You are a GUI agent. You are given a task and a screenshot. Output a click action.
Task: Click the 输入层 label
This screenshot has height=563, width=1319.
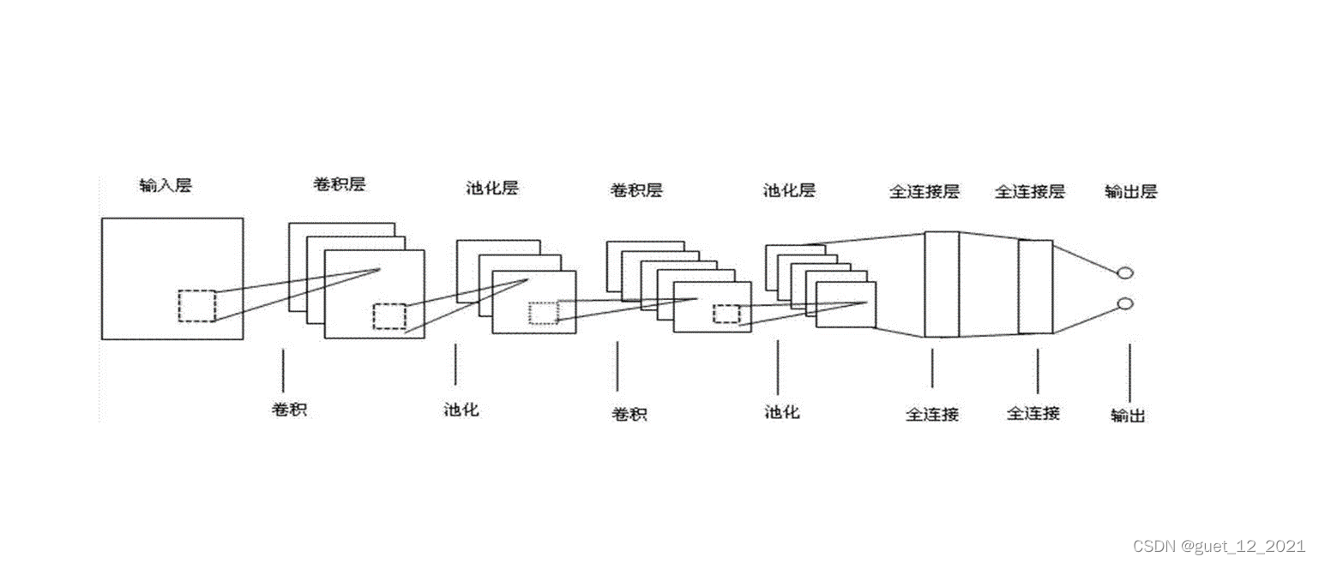click(x=166, y=185)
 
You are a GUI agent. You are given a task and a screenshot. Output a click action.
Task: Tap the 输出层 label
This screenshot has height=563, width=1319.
click(x=1130, y=192)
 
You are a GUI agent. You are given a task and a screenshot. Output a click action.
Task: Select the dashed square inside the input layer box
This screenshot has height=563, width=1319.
click(x=197, y=306)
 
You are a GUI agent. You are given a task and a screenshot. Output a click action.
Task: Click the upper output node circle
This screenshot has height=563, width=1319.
click(x=1126, y=273)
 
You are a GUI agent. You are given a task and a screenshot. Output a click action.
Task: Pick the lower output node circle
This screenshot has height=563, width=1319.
click(x=1126, y=303)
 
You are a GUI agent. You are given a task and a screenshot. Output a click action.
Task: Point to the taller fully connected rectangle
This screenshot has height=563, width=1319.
click(x=941, y=284)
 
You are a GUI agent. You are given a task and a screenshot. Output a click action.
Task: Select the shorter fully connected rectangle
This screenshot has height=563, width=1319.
click(x=1035, y=286)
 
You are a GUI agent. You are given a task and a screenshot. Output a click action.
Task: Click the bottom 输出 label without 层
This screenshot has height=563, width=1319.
click(x=1128, y=416)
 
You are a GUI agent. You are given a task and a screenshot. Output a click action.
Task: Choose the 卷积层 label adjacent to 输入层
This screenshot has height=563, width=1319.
click(x=339, y=184)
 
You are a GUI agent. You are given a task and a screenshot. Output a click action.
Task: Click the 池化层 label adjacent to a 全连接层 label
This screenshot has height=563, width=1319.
click(x=789, y=190)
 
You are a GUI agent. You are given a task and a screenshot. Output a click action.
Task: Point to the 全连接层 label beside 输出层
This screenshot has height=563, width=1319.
click(x=1029, y=192)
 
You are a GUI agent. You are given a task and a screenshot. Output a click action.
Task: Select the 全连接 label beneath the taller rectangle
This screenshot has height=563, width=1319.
click(x=932, y=415)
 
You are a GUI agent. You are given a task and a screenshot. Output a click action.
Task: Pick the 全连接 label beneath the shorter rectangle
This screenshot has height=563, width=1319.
click(x=1033, y=414)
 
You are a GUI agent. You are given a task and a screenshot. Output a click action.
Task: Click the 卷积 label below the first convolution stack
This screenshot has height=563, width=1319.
click(x=289, y=410)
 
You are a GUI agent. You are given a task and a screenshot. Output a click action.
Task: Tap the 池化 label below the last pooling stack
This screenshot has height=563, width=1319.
click(x=781, y=412)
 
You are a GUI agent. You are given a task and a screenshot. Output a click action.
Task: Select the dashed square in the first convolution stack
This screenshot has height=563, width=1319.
click(x=389, y=316)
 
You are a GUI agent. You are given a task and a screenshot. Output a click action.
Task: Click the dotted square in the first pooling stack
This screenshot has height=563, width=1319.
click(x=544, y=313)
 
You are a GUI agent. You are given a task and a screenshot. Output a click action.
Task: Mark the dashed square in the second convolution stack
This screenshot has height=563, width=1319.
click(x=726, y=314)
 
